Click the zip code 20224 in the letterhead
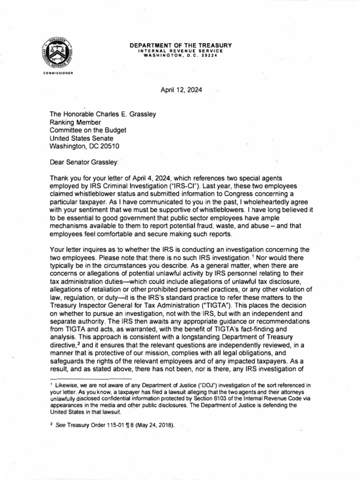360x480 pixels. pyautogui.click(x=214, y=54)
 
